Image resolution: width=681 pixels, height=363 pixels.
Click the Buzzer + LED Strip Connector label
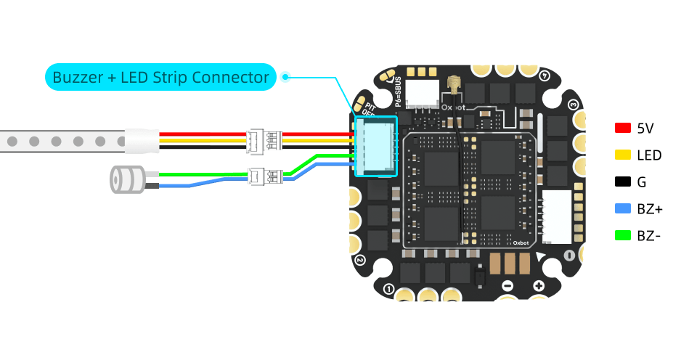point(160,76)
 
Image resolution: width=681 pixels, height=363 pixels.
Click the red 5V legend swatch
point(622,129)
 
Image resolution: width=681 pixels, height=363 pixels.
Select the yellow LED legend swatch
point(622,155)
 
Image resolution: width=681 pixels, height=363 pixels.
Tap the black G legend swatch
point(622,182)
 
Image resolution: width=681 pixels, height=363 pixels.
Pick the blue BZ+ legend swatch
point(622,209)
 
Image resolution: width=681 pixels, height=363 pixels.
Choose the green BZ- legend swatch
point(622,235)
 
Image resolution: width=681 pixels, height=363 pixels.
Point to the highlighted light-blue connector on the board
point(375,147)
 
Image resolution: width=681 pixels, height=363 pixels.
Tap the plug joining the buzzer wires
point(264,176)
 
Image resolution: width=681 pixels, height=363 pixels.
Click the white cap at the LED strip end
point(140,140)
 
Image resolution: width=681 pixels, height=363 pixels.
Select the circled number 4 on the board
point(546,74)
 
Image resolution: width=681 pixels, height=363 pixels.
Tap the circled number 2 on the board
point(359,259)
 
